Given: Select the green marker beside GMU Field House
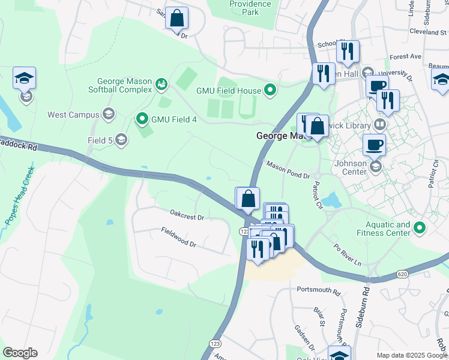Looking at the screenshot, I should [x=270, y=91].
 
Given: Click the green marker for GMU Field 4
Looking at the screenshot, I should [x=142, y=119].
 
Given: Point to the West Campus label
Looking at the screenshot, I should [x=73, y=114].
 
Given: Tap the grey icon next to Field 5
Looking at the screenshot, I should [x=121, y=140].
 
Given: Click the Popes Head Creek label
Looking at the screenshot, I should [x=19, y=196].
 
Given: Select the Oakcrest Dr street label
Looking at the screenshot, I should [x=187, y=213].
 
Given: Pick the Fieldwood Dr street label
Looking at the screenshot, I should [x=178, y=237].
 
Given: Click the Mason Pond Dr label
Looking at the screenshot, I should [x=288, y=169].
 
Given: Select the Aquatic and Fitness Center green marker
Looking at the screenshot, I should [x=420, y=228].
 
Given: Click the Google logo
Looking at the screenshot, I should [x=20, y=353].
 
